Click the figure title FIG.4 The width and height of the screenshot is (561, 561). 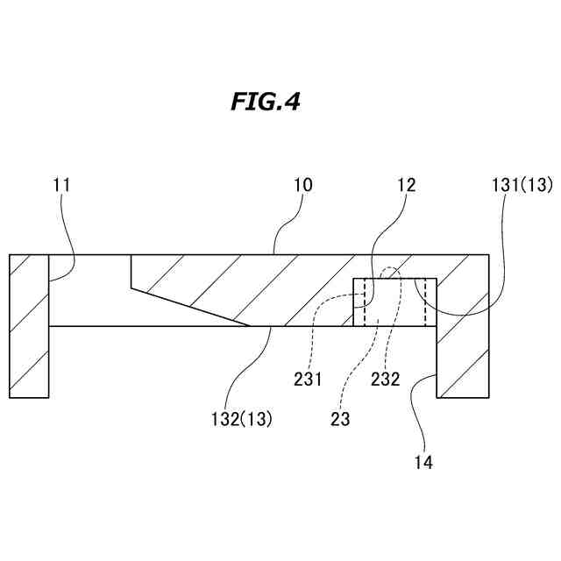coord(266,103)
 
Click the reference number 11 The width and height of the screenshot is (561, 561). coord(61,185)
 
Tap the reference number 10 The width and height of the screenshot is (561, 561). coord(303,185)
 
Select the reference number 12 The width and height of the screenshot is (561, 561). coord(406,185)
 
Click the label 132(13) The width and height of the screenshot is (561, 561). coord(241,418)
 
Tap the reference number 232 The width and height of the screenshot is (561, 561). coord(385,380)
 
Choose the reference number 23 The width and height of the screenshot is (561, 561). coord(341,418)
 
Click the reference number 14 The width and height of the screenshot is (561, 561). coord(424,459)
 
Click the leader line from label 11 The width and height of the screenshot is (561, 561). coord(70,237)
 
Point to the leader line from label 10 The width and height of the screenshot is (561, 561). coord(289,224)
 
